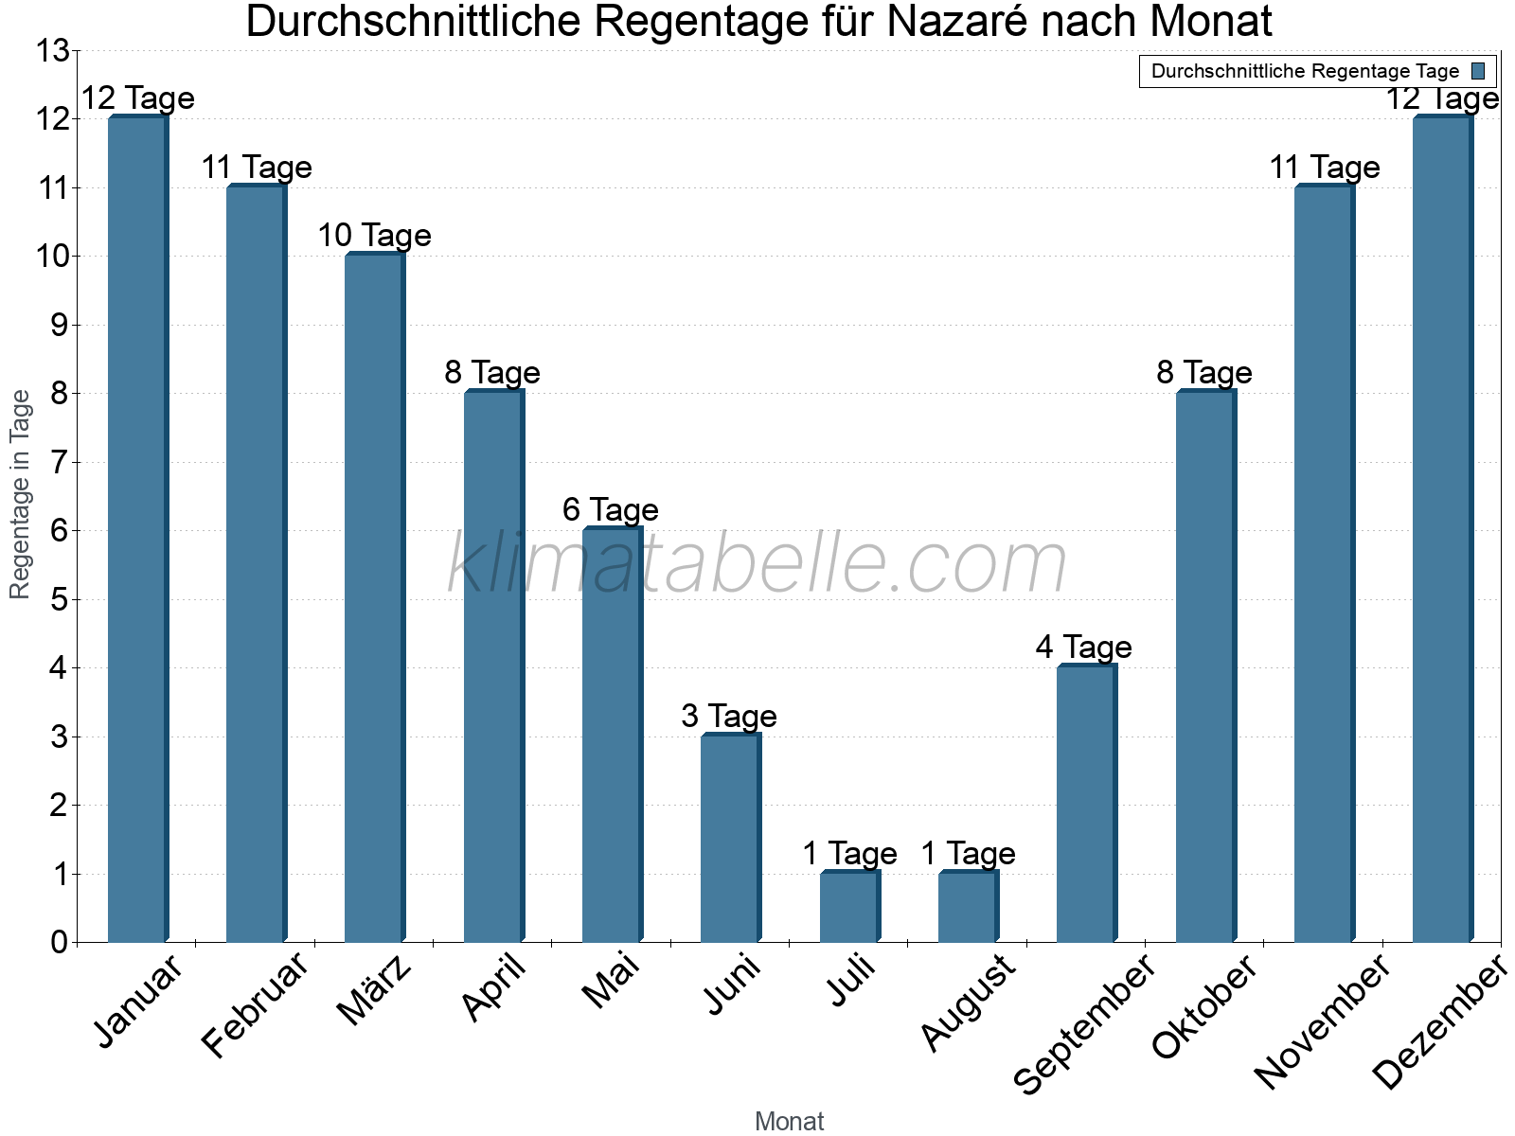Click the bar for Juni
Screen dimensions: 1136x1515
730,838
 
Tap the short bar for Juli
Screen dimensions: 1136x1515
849,906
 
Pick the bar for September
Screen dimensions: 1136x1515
1086,804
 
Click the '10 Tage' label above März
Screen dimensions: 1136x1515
374,236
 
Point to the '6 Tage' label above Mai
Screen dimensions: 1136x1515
611,510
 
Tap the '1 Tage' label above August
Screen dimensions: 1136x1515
968,854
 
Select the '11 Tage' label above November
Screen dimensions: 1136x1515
1324,168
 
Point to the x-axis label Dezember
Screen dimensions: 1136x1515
1439,1022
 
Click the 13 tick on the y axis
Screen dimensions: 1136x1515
53,51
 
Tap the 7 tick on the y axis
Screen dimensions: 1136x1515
60,463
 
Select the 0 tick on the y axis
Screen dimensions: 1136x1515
60,942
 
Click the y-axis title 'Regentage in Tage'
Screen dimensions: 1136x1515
20,494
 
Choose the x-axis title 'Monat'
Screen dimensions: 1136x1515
789,1122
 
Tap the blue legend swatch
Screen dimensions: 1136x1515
1478,71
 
